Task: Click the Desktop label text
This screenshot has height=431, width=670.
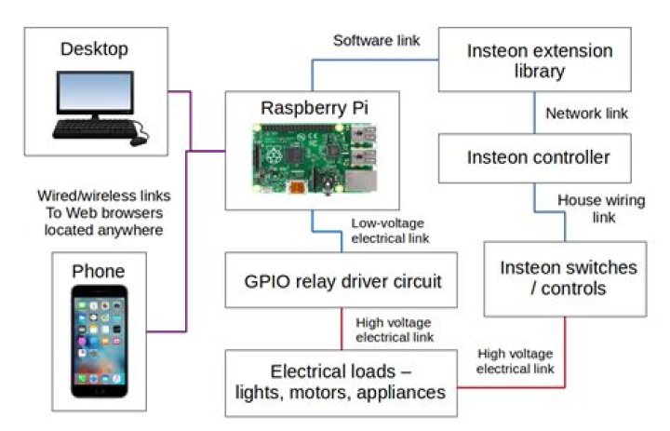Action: pos(94,48)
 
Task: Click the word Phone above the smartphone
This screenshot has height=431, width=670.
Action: pos(99,272)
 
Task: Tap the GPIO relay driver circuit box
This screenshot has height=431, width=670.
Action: pos(342,280)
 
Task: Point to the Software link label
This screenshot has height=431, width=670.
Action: pos(376,41)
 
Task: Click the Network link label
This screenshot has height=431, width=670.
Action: pos(586,114)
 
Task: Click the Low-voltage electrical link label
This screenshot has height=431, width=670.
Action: pos(390,231)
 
